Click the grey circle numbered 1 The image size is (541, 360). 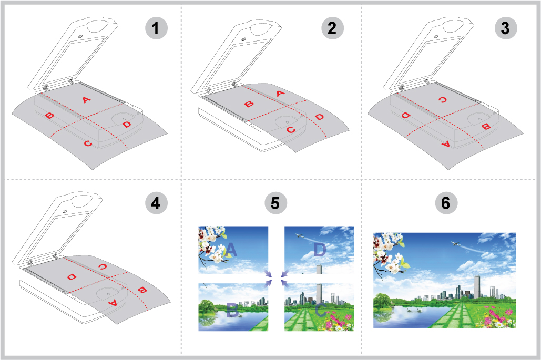coord(156,28)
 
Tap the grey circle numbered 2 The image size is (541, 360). coord(333,28)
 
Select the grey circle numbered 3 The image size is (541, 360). coord(506,28)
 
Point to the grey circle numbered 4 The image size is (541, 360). coord(156,203)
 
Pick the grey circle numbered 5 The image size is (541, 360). coord(275,203)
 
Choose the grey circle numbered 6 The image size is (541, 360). coord(446,203)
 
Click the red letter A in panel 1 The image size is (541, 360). coord(86,100)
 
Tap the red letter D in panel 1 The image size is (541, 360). coord(127,124)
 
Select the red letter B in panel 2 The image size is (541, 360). coord(249,104)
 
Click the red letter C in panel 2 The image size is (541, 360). coord(291,130)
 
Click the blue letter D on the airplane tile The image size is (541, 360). coord(320,250)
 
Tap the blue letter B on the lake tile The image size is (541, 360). coord(232,310)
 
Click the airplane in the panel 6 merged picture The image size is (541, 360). coord(456,243)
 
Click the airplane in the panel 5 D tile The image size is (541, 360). coord(300,235)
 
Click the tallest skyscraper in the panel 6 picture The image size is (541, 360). coord(477,286)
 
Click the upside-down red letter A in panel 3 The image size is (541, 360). coord(446,145)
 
